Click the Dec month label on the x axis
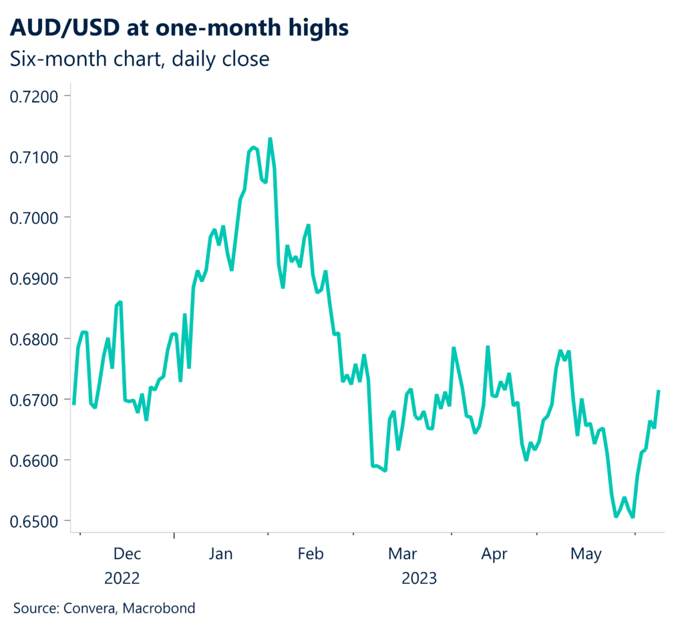pos(127,554)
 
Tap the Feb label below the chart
pos(311,554)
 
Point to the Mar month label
pos(403,554)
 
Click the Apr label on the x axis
pos(494,554)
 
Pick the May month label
pos(586,554)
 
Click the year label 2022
pos(122,578)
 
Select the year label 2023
pos(419,578)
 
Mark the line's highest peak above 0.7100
pos(270,139)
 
